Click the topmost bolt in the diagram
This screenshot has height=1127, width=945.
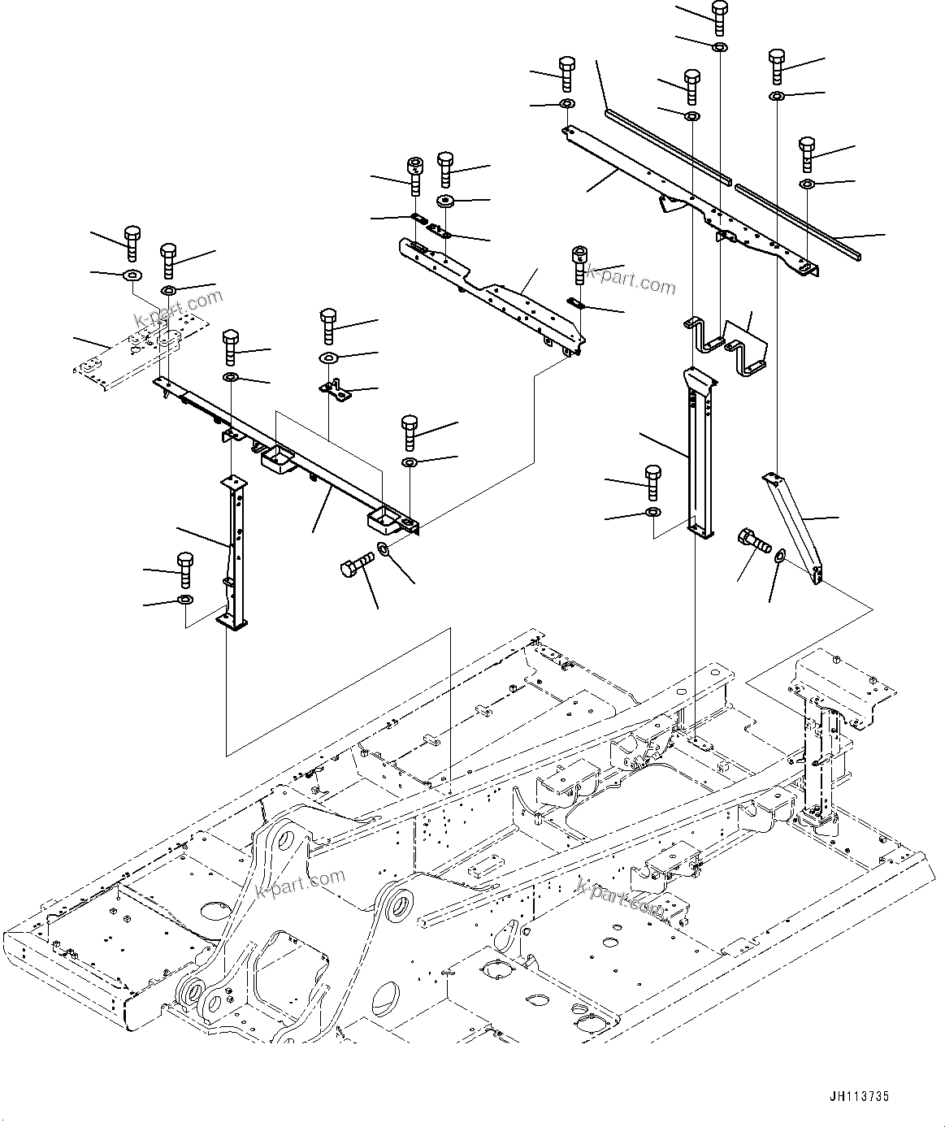[719, 15]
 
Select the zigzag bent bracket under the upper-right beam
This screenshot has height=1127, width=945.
[727, 346]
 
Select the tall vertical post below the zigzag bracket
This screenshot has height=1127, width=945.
[699, 455]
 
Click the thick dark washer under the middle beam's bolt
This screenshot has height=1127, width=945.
[444, 200]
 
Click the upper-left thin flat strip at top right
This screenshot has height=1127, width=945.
[666, 145]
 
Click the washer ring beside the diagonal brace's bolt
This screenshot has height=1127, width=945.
[779, 557]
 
